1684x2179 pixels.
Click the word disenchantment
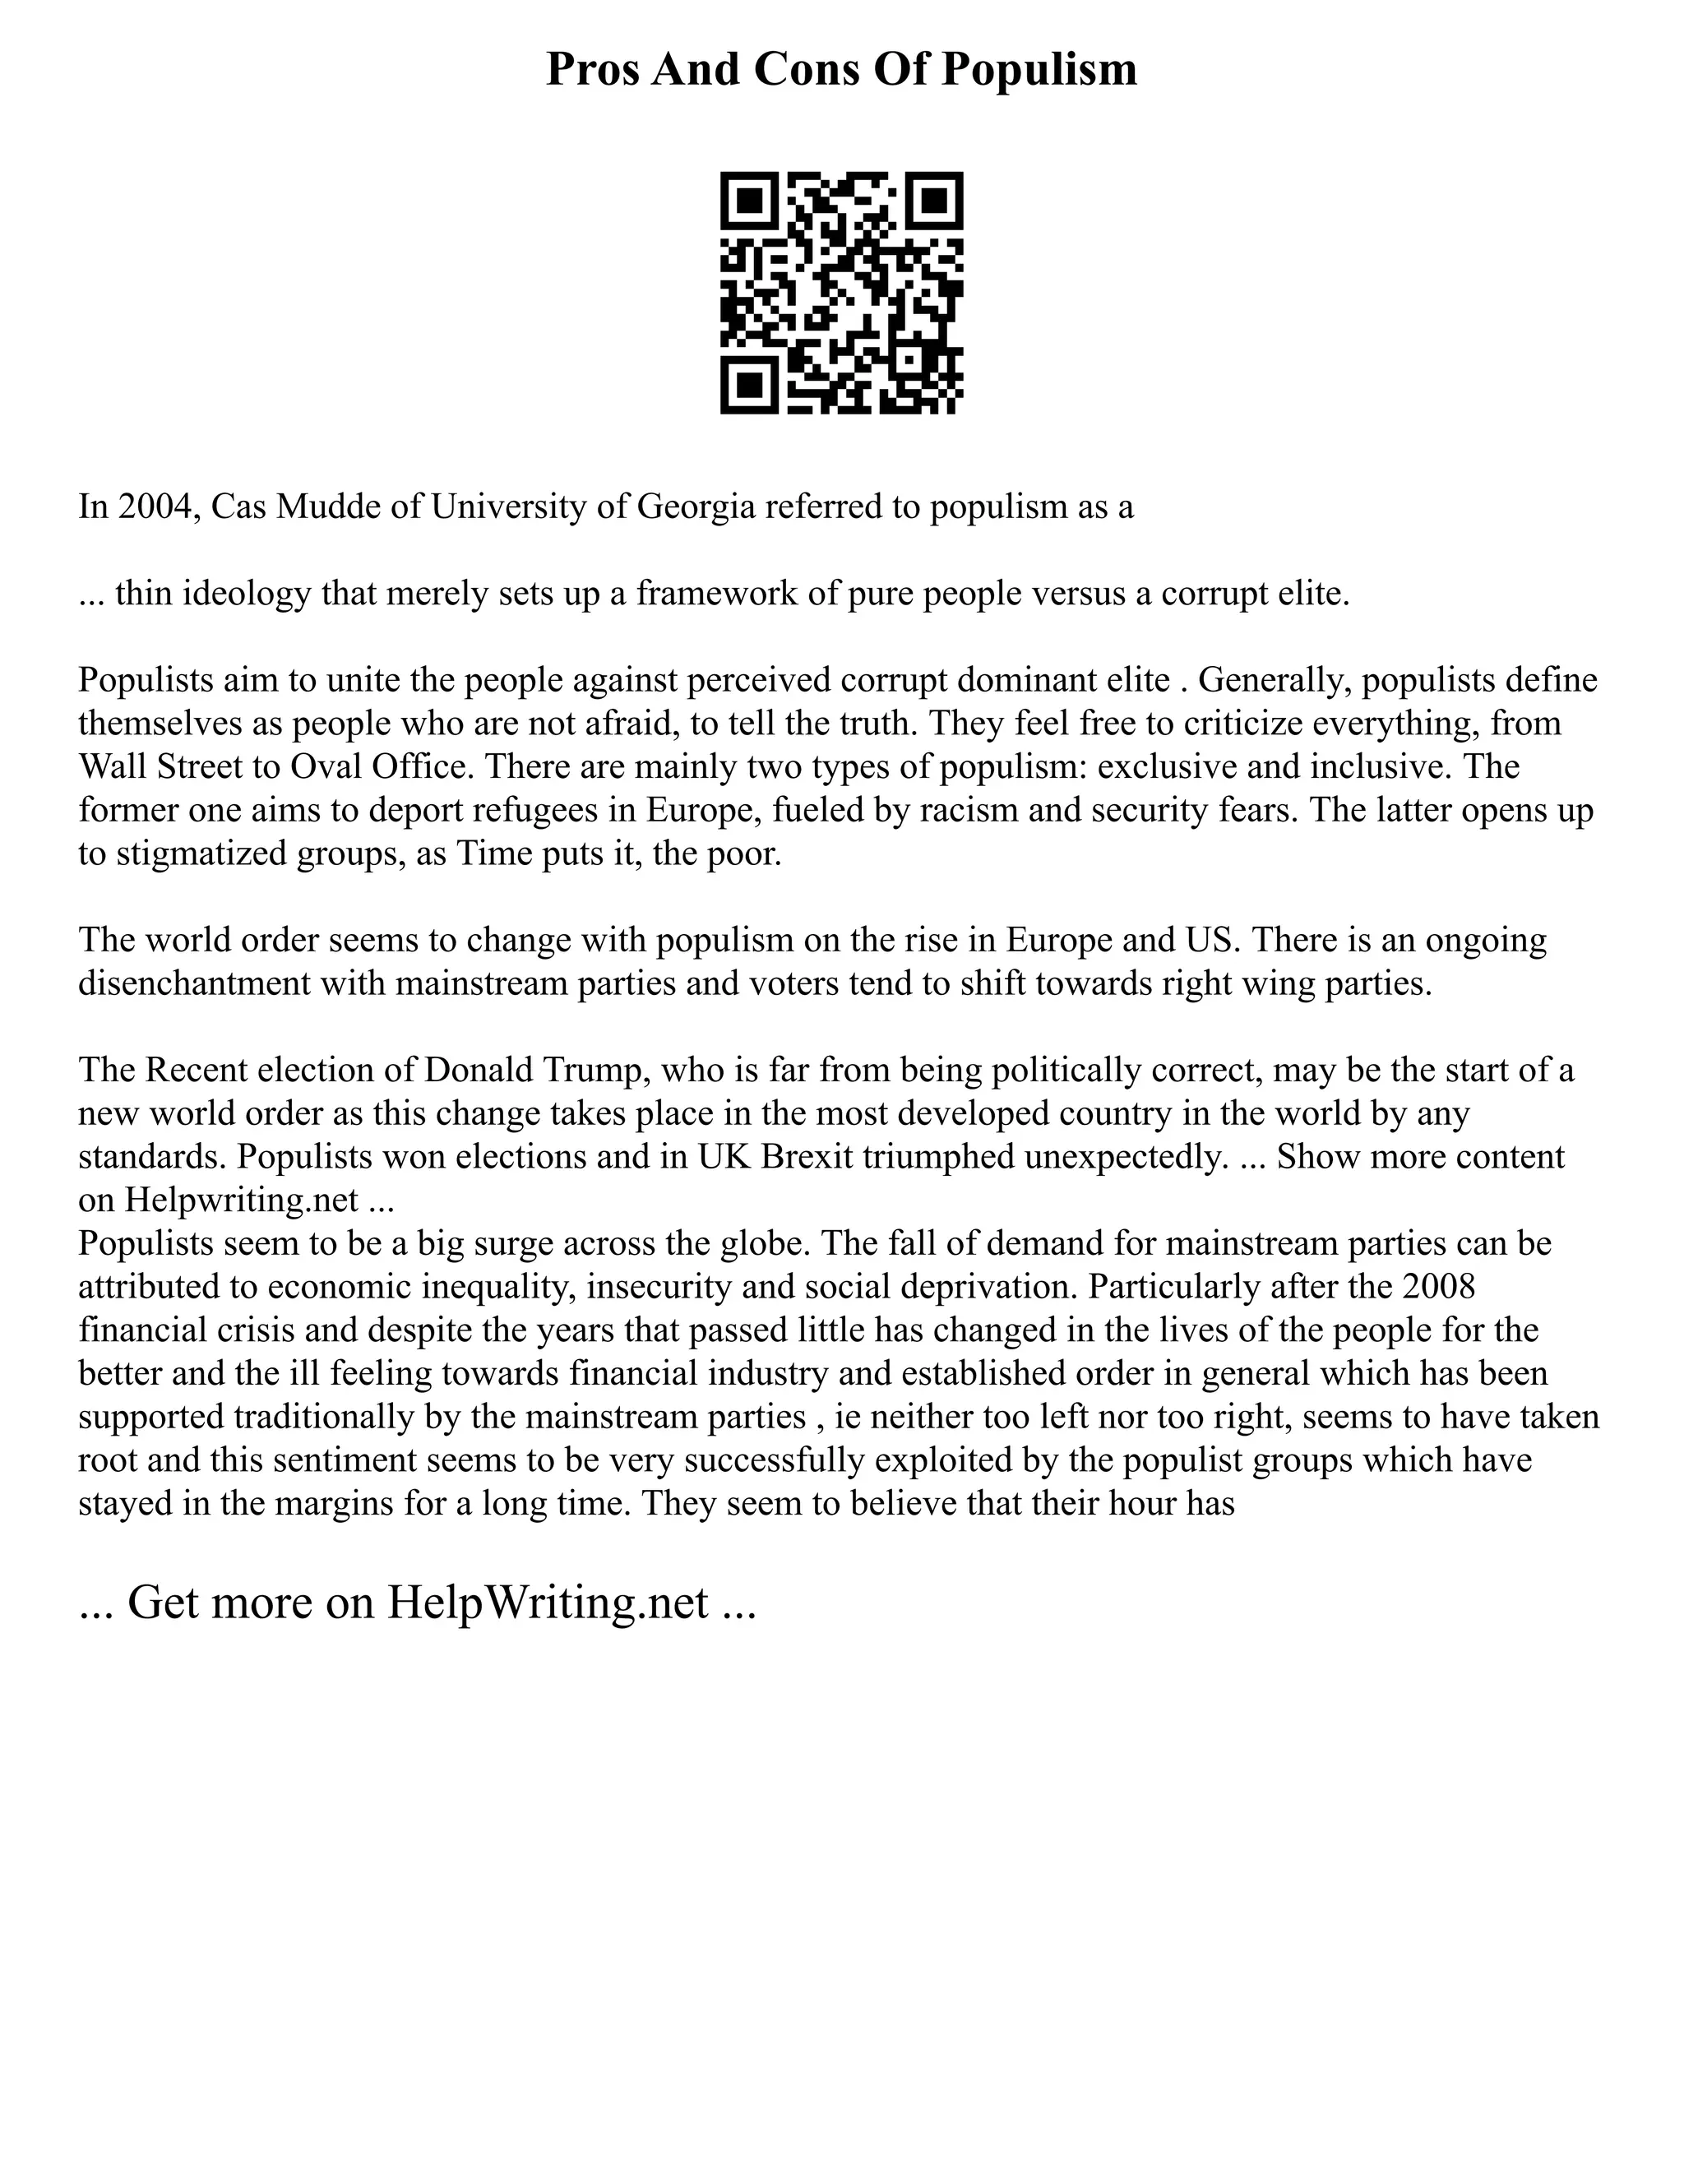click(x=195, y=983)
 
